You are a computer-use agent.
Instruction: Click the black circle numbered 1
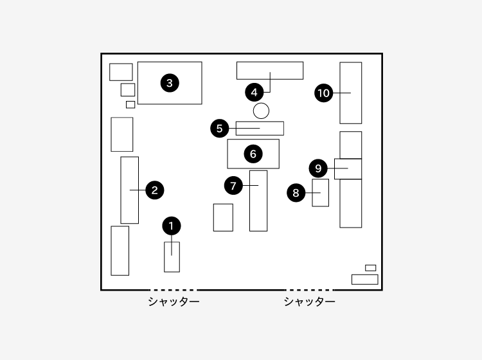pos(172,226)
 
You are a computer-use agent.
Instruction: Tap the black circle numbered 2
pos(154,190)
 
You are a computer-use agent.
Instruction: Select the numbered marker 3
pos(169,82)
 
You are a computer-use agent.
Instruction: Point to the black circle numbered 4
pos(254,92)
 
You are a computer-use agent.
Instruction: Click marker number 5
pos(219,128)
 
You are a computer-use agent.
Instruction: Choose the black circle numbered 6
pos(253,154)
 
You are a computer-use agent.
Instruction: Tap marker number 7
pos(233,186)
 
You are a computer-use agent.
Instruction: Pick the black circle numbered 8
pos(296,192)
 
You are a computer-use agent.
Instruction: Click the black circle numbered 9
pos(318,168)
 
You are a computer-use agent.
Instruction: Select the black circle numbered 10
pos(324,93)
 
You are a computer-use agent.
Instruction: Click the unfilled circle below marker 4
pos(260,111)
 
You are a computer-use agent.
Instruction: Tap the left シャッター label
pos(174,301)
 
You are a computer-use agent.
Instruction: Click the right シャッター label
pos(309,301)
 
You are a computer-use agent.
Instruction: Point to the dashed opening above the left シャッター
pos(174,290)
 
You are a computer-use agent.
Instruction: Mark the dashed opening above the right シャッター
pos(309,290)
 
